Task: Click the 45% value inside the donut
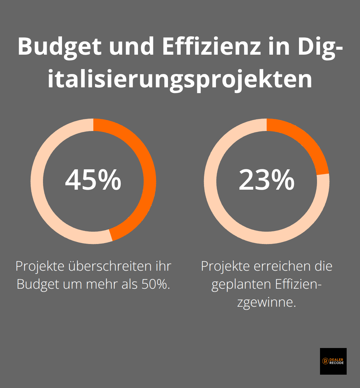[93, 180]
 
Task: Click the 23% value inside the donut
[266, 180]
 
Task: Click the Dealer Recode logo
[333, 361]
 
